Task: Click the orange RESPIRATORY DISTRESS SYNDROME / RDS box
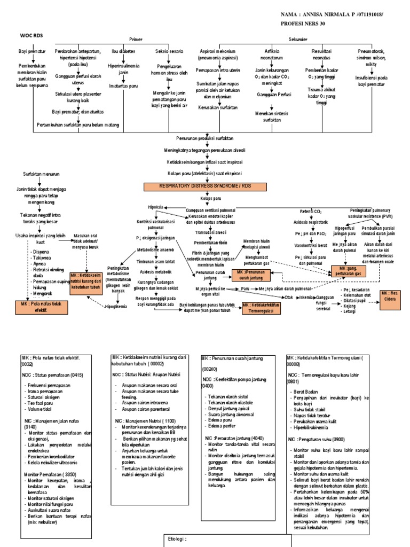point(205,186)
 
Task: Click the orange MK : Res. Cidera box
point(392,296)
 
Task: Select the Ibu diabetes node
point(123,51)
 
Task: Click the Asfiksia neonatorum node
point(268,51)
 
